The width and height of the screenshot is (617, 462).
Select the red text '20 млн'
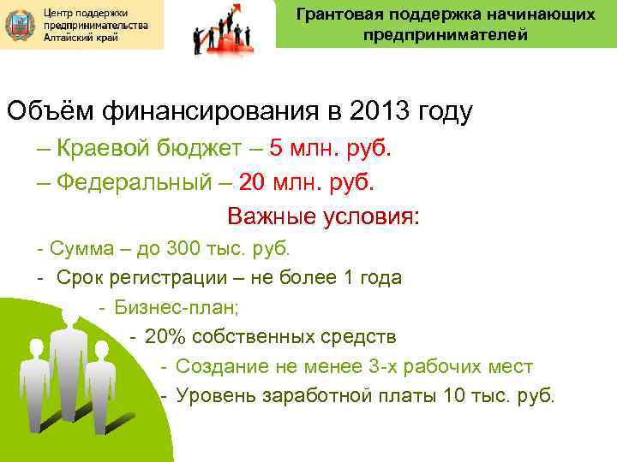click(276, 181)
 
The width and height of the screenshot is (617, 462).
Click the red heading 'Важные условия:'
click(323, 216)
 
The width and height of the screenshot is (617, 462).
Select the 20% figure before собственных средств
click(163, 337)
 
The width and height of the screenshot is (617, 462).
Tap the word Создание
click(217, 367)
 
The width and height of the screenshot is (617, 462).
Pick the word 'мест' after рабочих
click(512, 367)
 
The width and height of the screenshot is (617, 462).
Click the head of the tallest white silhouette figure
click(72, 321)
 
